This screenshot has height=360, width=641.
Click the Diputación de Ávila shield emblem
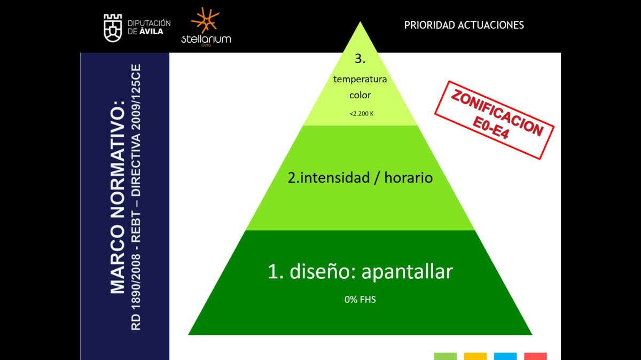pos(113,28)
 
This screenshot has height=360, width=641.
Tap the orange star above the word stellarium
pos(205,20)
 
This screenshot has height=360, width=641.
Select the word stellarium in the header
pos(206,39)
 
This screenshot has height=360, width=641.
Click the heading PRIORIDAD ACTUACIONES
pos(464,25)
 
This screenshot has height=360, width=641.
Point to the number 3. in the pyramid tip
pos(360,59)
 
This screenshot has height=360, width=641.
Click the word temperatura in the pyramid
pos(360,79)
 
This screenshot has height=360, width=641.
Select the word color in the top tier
pos(360,95)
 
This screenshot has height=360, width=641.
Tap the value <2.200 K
pos(362,114)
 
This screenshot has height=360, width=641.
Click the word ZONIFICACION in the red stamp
pos(497,113)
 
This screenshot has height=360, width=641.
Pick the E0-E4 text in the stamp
pos(490,128)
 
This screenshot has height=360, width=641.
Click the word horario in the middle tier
pos(408,178)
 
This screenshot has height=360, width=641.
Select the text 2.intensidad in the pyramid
pos(329,178)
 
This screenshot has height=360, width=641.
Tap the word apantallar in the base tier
pos(407,272)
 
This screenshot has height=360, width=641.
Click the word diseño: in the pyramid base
pos(323,271)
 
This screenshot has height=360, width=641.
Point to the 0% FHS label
pos(360,300)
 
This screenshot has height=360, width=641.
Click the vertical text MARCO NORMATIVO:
pos(118,197)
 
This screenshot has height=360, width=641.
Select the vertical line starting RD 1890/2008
pos(136,197)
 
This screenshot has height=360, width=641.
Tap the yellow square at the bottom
pos(475,356)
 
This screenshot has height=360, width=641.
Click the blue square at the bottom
pos(505,356)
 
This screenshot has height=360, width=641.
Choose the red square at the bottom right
pos(535,356)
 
